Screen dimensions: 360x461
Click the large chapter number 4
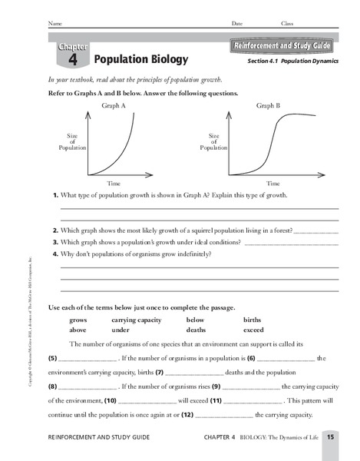click(x=72, y=58)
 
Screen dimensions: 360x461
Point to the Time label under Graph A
click(x=114, y=184)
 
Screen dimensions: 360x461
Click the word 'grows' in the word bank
click(x=78, y=319)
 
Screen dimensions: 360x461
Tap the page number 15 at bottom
click(x=329, y=437)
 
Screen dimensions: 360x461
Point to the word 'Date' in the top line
click(x=237, y=24)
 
